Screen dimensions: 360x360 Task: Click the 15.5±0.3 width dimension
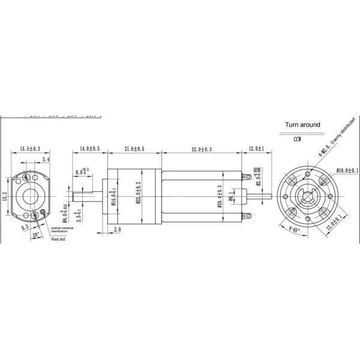[x=29, y=148]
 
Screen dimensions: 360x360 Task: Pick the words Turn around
[x=302, y=125]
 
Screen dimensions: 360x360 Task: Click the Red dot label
[x=58, y=238]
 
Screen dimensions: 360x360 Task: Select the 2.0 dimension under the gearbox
[x=117, y=229]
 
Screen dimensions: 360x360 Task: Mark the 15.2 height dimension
[x=5, y=196]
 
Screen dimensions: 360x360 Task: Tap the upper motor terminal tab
[x=246, y=176]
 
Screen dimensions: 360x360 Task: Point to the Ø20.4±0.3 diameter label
[x=218, y=194]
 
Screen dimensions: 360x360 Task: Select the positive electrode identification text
[x=63, y=230]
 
